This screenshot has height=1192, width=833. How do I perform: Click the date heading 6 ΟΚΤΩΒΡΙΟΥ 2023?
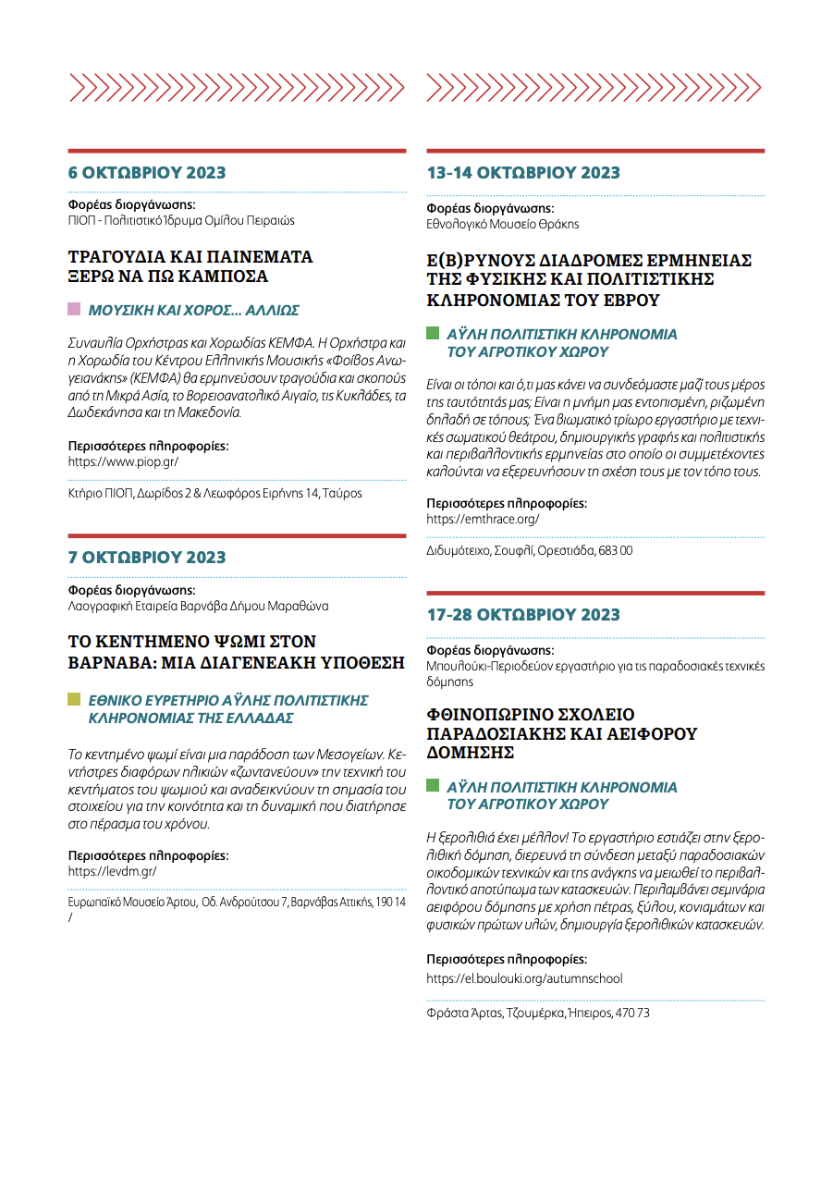pyautogui.click(x=147, y=173)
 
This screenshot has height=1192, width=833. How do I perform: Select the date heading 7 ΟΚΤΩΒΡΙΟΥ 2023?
pyautogui.click(x=147, y=558)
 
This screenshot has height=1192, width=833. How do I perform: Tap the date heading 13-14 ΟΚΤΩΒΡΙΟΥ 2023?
pyautogui.click(x=523, y=173)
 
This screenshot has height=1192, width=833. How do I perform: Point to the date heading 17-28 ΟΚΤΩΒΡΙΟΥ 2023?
pyautogui.click(x=523, y=615)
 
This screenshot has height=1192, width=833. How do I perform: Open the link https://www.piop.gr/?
pyautogui.click(x=123, y=461)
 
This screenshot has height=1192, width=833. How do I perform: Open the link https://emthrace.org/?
pyautogui.click(x=483, y=519)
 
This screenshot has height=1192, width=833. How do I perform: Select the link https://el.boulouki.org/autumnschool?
pyautogui.click(x=524, y=978)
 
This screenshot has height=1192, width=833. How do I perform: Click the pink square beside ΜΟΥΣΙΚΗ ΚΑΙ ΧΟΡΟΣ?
pyautogui.click(x=74, y=309)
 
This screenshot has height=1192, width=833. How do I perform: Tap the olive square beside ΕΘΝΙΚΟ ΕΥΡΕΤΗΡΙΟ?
pyautogui.click(x=74, y=699)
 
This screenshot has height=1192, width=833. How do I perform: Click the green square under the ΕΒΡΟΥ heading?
pyautogui.click(x=432, y=332)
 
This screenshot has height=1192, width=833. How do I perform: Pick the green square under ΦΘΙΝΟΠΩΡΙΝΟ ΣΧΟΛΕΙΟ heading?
pyautogui.click(x=432, y=785)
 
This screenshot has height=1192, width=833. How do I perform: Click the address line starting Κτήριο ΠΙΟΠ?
pyautogui.click(x=214, y=494)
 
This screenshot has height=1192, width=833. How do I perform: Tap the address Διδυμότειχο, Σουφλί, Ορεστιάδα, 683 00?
pyautogui.click(x=529, y=550)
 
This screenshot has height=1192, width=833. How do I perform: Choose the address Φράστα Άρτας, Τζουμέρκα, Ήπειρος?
pyautogui.click(x=538, y=1013)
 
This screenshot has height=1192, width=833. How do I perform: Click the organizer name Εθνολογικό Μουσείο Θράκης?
pyautogui.click(x=502, y=225)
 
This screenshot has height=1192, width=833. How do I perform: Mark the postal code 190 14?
pyautogui.click(x=389, y=902)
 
